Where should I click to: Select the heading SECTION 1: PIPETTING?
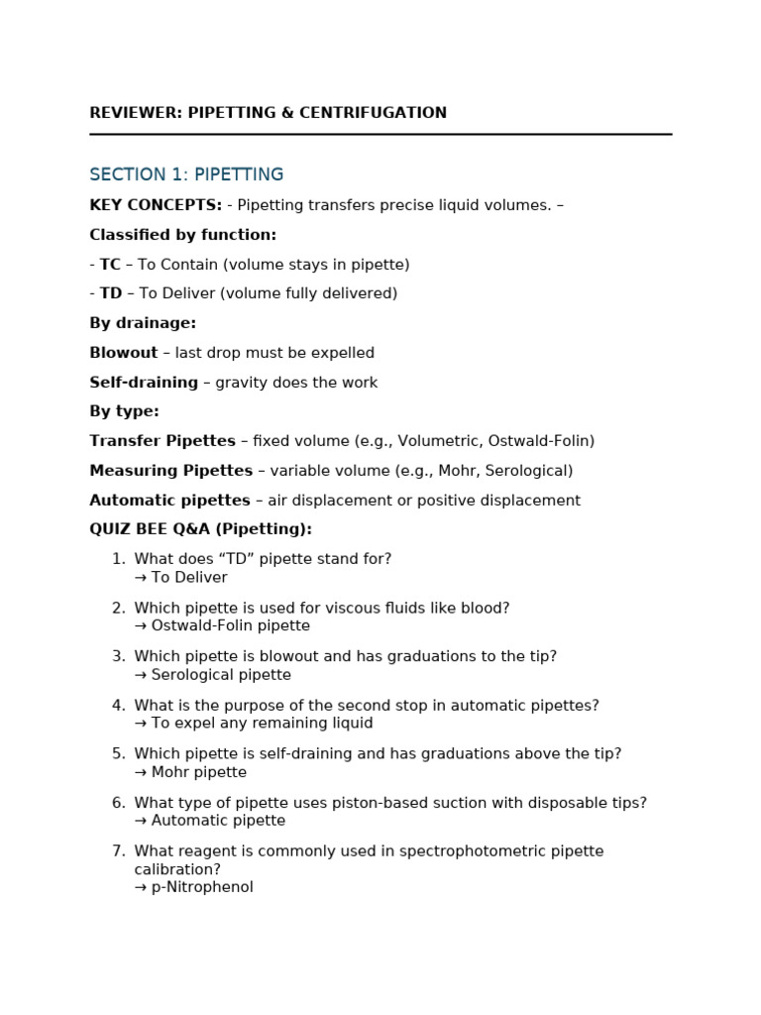[186, 174]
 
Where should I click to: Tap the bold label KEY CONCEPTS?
[156, 205]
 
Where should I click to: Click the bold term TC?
[110, 265]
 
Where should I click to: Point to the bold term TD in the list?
[111, 293]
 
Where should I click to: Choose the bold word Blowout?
[124, 353]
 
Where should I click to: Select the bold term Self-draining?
[144, 383]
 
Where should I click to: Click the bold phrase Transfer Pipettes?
[163, 441]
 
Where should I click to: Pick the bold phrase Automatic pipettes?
[169, 501]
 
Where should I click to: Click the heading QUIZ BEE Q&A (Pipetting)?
[200, 529]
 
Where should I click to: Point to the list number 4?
[118, 706]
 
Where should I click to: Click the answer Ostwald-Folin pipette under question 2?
[230, 625]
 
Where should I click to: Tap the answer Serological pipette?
[221, 675]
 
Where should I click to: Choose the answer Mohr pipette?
[198, 772]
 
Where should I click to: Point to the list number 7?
[118, 851]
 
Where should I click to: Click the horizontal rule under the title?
[380, 134]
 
